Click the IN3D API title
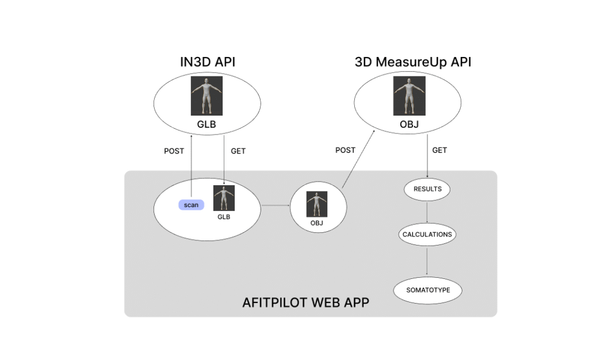coord(207,62)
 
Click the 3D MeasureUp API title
coord(412,62)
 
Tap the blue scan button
coord(191,205)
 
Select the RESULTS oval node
coord(427,189)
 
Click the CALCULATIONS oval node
coord(427,235)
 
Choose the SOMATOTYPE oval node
coord(427,290)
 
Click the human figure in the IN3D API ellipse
coord(206,95)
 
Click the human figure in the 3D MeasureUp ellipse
coord(409,95)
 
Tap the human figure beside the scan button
coord(224,198)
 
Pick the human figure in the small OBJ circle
coord(316,204)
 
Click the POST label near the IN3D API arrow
coord(174,151)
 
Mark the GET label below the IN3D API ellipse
coord(238,151)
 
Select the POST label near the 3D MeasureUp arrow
coord(345,150)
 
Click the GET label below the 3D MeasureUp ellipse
coord(439,150)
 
